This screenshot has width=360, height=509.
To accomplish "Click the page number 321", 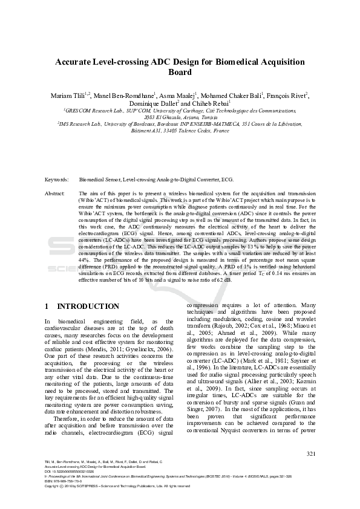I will pyautogui.click(x=311, y=453).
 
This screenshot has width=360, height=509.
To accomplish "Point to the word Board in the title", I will pyautogui.click(x=180, y=73).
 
